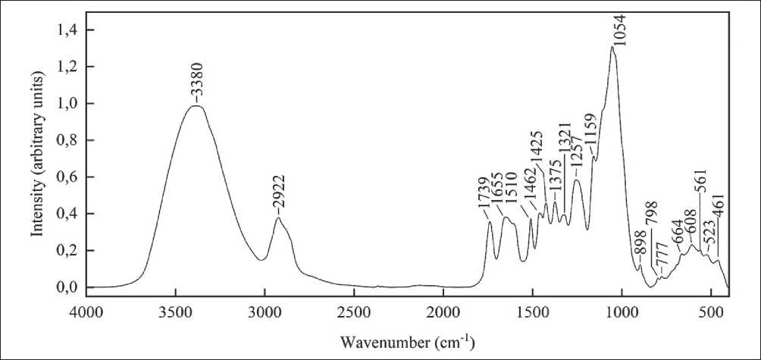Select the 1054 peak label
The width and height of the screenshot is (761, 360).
[x=620, y=30]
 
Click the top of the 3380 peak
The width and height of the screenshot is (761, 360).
[x=196, y=106]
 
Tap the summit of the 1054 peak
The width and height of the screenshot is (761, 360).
[x=612, y=47]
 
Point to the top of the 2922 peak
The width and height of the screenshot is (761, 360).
[x=278, y=218]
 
